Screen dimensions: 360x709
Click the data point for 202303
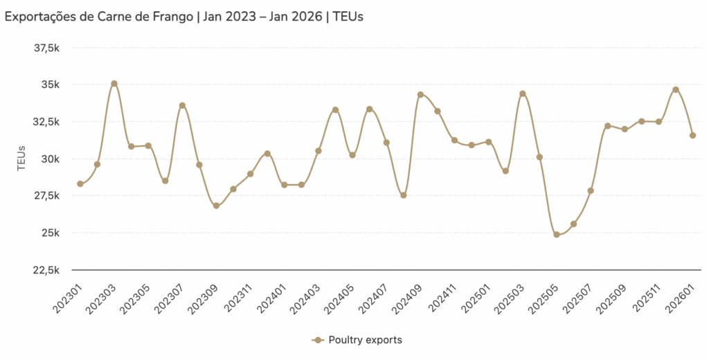[x=114, y=84]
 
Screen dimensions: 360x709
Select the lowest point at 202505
[x=557, y=235]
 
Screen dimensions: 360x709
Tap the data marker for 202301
[x=80, y=183]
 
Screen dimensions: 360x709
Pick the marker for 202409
[x=420, y=95]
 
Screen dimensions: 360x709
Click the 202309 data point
[x=216, y=206]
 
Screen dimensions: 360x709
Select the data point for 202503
[x=523, y=94]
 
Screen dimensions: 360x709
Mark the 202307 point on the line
[x=182, y=106]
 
